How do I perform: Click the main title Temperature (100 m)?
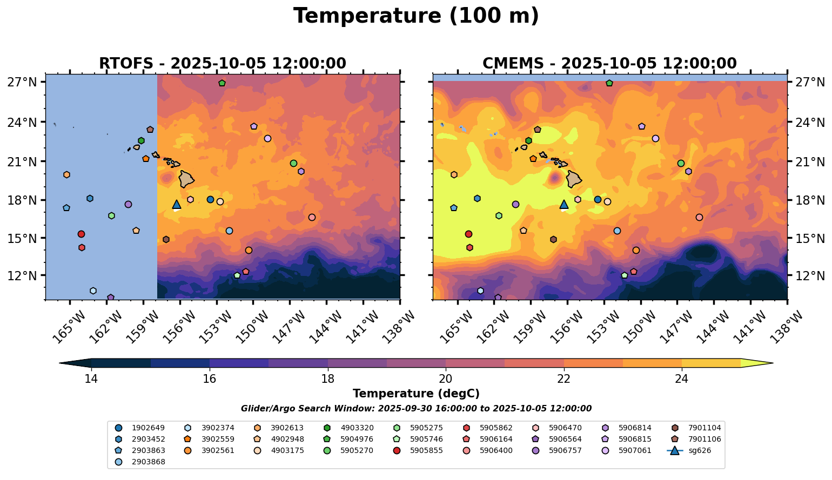pos(416,16)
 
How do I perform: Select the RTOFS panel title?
pos(222,64)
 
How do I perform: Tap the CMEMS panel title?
pos(609,64)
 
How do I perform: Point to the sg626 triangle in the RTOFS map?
pos(176,204)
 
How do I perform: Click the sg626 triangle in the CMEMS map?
pos(564,204)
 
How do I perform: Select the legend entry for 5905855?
pos(426,450)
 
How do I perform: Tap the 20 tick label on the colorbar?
pos(446,379)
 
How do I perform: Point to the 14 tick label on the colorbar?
pos(91,379)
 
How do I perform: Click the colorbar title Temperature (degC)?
pos(416,394)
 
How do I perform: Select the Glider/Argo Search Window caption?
pos(416,409)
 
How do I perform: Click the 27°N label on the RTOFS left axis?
pos(22,83)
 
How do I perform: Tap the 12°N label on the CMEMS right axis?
pos(809,276)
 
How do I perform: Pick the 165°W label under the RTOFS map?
pos(68,327)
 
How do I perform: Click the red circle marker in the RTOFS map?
pos(81,234)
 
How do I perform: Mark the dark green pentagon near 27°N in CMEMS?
pos(609,83)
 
